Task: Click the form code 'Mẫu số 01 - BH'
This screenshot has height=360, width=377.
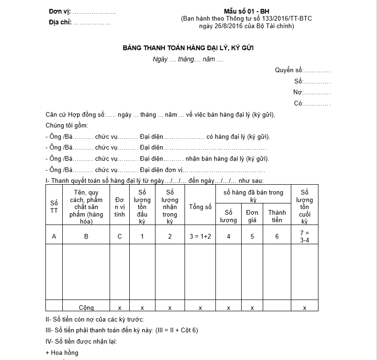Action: tap(246, 11)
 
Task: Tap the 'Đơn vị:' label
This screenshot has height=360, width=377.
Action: tap(60, 11)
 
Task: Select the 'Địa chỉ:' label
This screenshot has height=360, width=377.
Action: tap(60, 22)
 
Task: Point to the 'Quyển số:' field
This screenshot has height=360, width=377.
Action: tap(303, 70)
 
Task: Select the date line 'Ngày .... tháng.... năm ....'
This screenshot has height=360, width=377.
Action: tap(188, 60)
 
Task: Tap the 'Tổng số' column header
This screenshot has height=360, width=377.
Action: tap(200, 207)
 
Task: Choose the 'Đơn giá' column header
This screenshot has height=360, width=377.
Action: tap(252, 216)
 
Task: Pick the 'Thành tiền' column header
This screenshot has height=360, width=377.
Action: tap(277, 216)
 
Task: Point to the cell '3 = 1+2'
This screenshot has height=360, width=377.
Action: tap(200, 236)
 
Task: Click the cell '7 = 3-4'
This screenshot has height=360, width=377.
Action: tap(304, 236)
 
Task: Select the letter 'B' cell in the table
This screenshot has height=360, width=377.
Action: tap(86, 236)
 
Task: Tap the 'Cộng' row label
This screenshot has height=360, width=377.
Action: tap(86, 308)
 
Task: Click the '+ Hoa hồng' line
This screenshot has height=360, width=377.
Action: tap(62, 352)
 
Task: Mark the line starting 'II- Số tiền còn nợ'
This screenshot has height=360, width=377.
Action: tap(98, 319)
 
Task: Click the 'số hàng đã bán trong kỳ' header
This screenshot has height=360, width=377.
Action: tap(253, 196)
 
